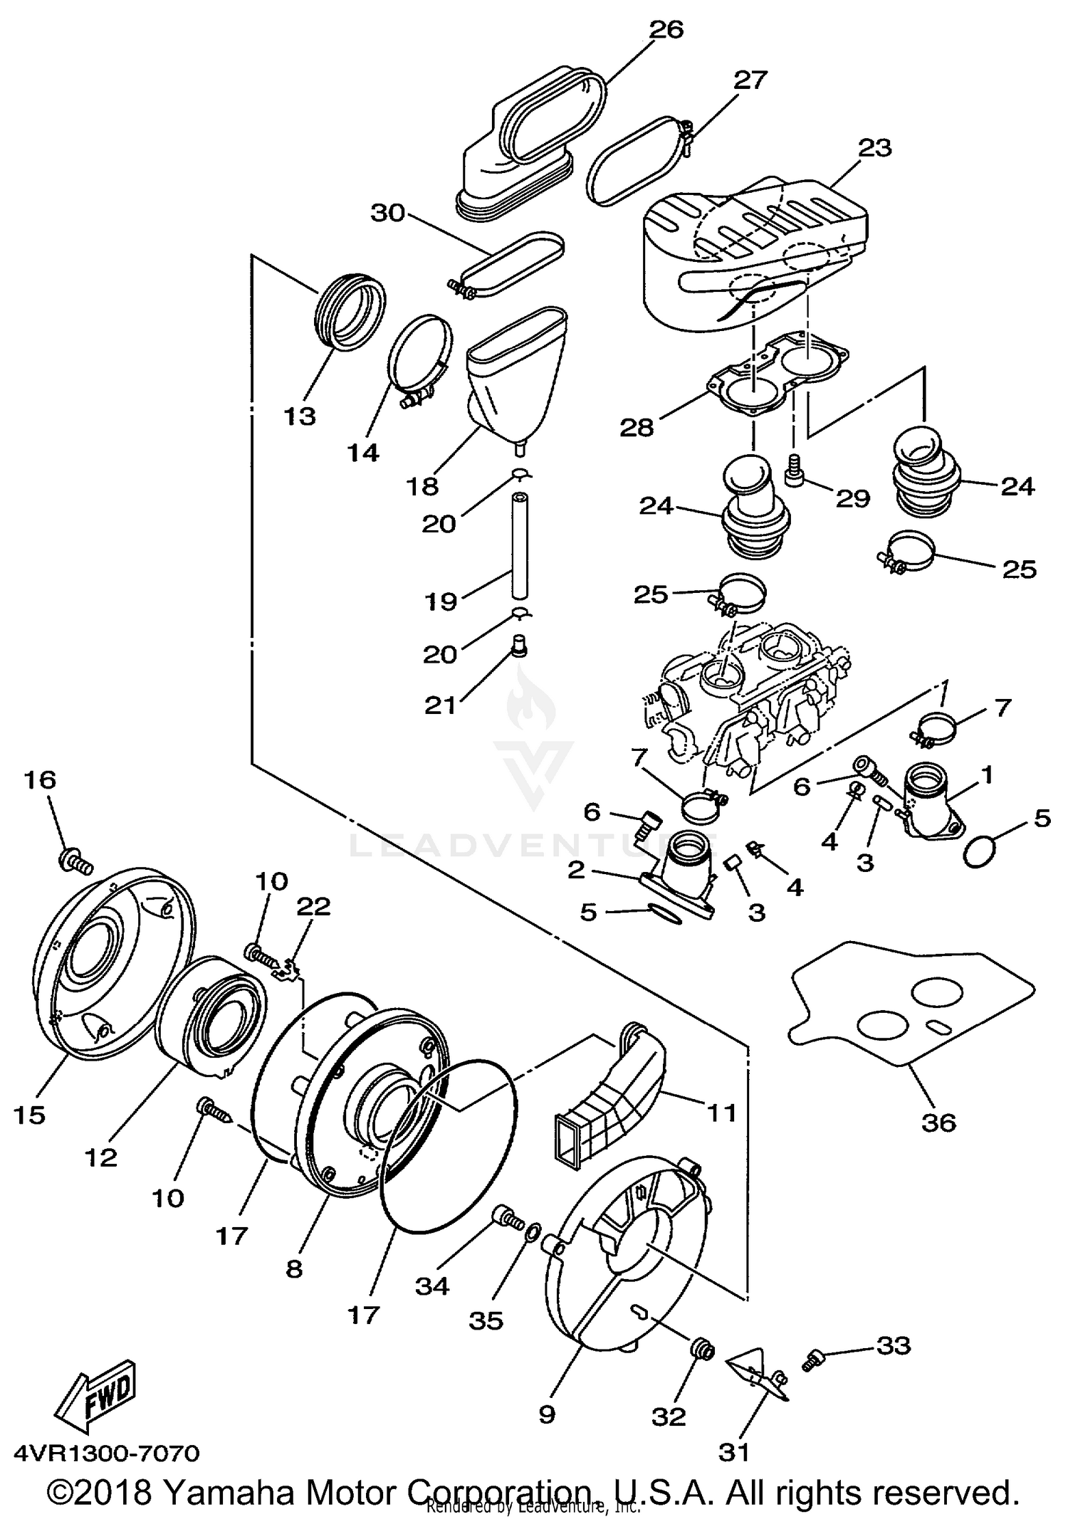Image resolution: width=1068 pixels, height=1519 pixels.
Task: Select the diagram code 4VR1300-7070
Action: coord(107,1452)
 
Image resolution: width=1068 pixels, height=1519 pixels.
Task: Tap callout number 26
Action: coord(666,30)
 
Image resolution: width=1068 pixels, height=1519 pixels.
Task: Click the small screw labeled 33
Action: coord(812,1361)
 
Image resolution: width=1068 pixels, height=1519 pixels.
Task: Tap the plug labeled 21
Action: coord(519,647)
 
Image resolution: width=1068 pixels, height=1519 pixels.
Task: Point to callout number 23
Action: coord(874,148)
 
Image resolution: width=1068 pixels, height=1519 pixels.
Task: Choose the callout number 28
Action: coord(637,427)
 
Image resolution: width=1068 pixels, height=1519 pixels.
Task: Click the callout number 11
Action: coord(721,1113)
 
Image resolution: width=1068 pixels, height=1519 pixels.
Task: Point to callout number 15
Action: coord(29,1115)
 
